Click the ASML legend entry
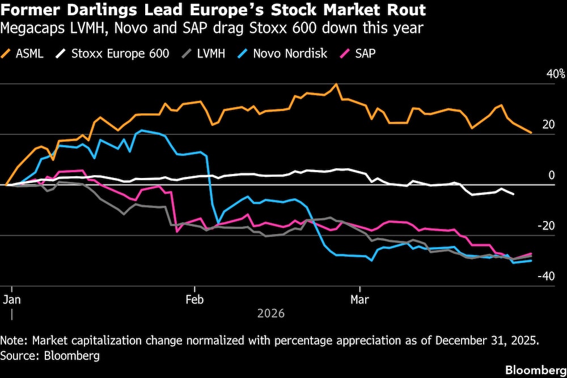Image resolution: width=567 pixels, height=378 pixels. click(28, 54)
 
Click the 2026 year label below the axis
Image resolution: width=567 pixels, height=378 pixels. click(271, 313)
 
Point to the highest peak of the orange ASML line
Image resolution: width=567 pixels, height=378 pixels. click(336, 84)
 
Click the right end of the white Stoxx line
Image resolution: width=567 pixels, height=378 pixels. click(514, 194)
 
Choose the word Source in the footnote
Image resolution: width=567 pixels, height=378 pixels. click(17, 355)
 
